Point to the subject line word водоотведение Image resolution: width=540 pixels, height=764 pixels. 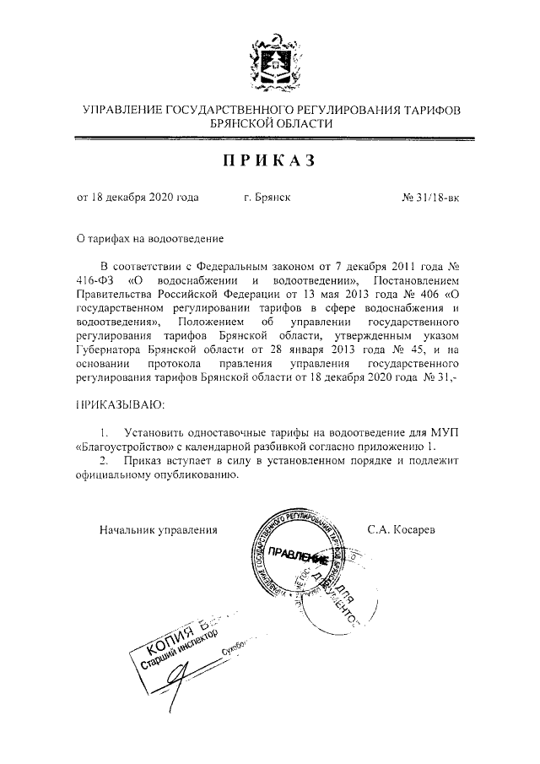[187, 240]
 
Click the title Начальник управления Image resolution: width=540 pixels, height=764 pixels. [159, 530]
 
